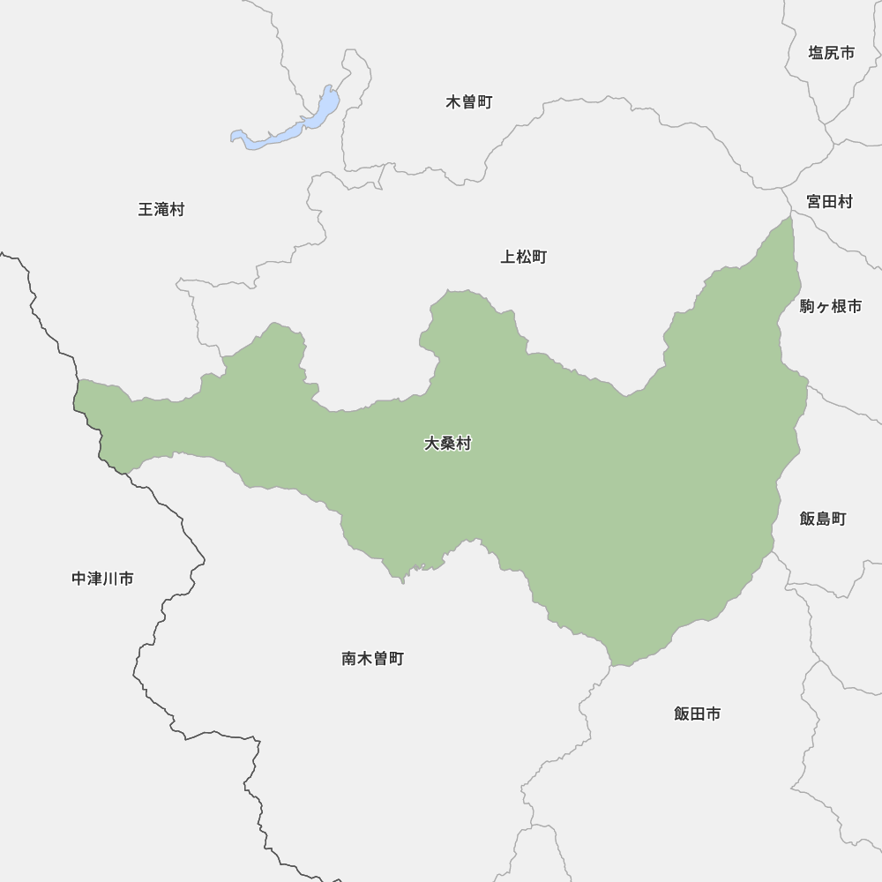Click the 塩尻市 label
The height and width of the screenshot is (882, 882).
click(x=831, y=53)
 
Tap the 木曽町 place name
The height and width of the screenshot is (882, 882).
click(x=469, y=102)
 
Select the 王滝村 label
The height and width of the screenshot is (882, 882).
click(x=161, y=210)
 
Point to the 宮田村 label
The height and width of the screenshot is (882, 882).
click(x=829, y=202)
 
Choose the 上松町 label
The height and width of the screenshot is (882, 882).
click(x=524, y=258)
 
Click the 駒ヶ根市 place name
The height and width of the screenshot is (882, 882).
click(x=831, y=307)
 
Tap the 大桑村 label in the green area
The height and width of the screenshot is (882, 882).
click(x=447, y=444)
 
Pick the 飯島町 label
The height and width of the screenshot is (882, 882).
click(x=823, y=519)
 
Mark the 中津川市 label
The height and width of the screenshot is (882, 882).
click(x=102, y=579)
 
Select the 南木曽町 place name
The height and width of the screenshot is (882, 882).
click(x=372, y=659)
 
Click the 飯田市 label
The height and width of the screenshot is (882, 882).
click(x=697, y=714)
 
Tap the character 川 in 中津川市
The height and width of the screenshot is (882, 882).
click(x=110, y=579)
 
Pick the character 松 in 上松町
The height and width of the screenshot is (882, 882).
click(x=524, y=258)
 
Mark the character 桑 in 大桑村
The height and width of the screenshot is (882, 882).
click(x=447, y=444)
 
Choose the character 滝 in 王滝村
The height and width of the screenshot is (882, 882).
click(x=161, y=210)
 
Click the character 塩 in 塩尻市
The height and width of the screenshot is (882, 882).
click(x=816, y=53)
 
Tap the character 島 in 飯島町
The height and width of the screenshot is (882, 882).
click(x=823, y=519)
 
